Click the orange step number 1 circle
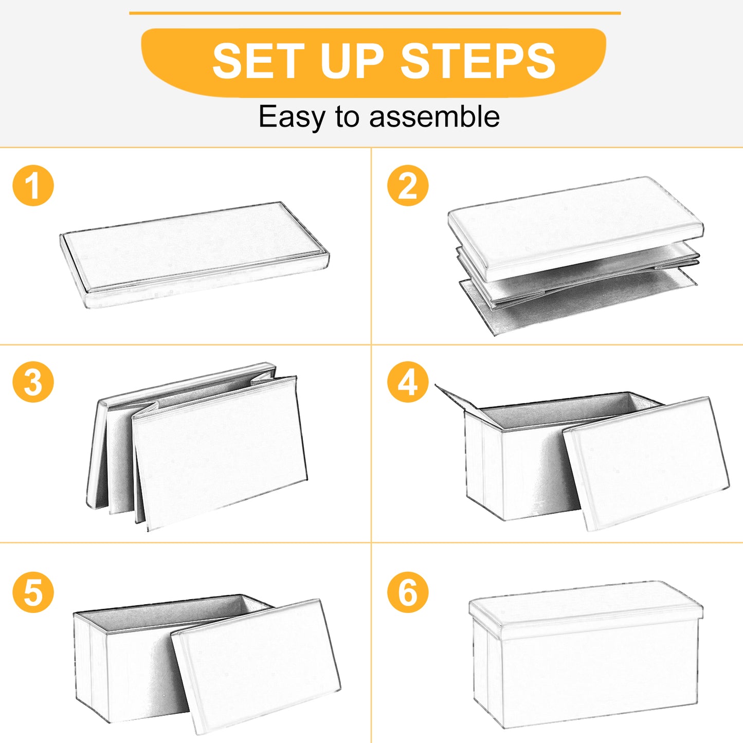(x=33, y=186)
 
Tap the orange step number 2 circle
(x=408, y=186)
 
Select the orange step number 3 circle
(x=33, y=382)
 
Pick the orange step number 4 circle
(x=408, y=382)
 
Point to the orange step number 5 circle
(x=33, y=592)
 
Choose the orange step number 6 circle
(x=408, y=592)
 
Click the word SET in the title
(x=259, y=61)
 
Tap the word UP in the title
(x=352, y=61)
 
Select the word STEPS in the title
(x=478, y=61)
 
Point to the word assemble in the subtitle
(x=434, y=116)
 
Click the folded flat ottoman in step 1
(x=194, y=255)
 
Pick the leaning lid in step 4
(x=646, y=464)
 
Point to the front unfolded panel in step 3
(x=220, y=453)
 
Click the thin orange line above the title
(x=375, y=13)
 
